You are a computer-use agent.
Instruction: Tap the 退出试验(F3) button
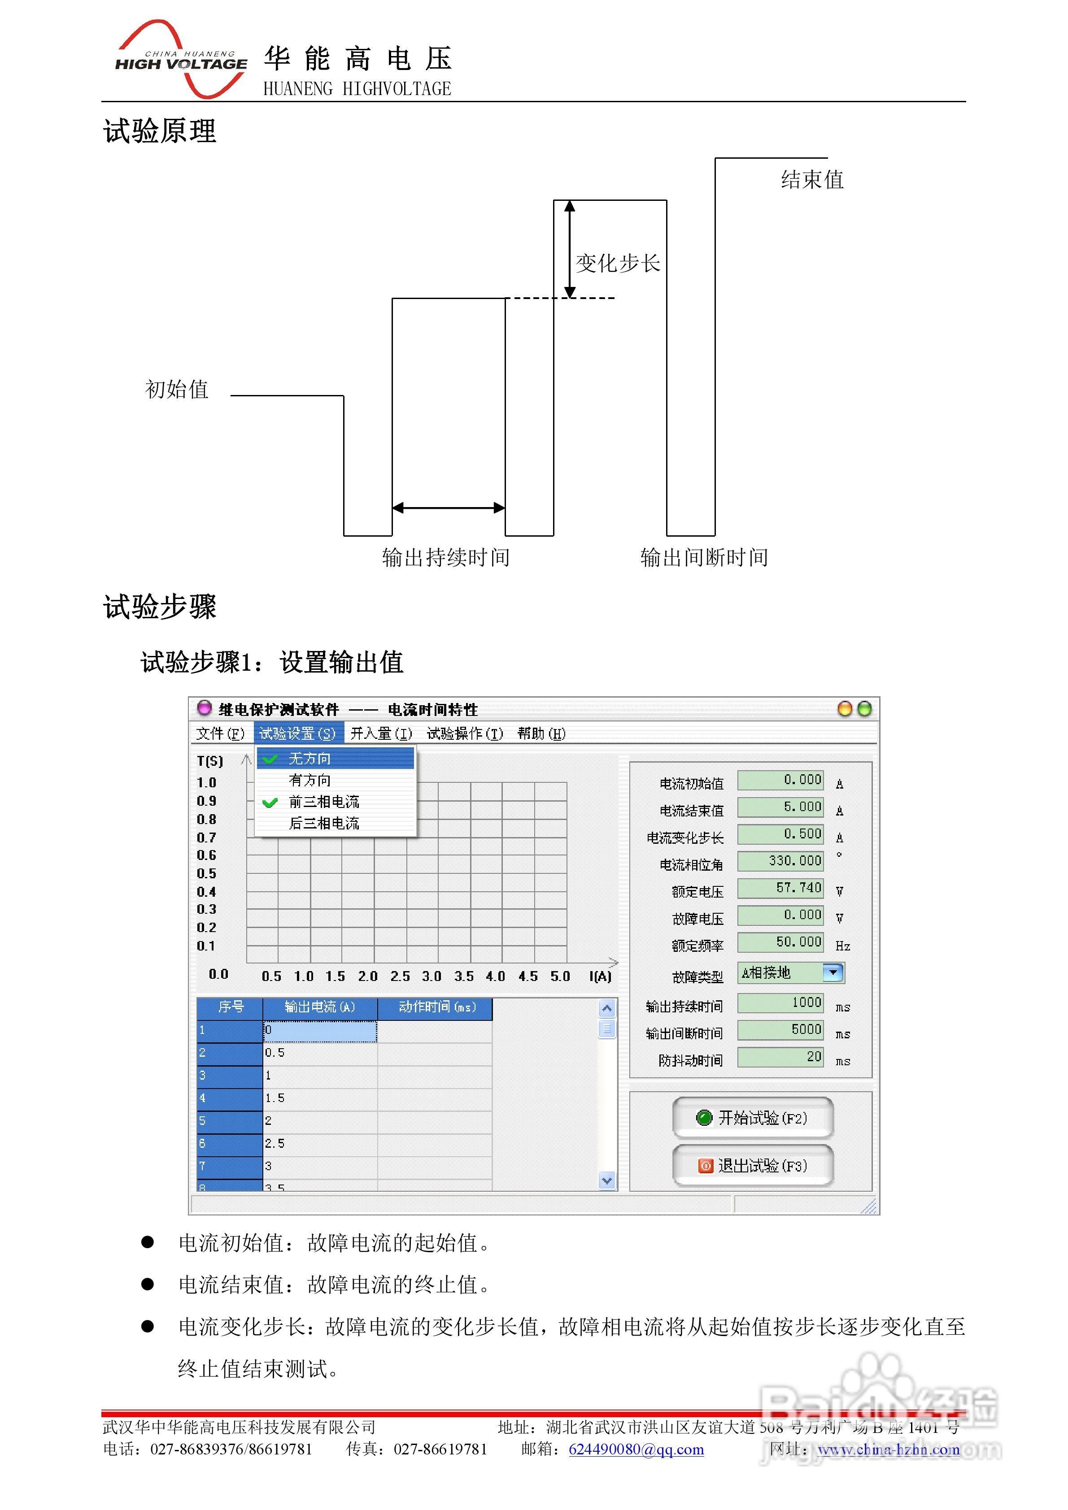point(752,1166)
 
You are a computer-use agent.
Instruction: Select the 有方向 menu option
point(310,780)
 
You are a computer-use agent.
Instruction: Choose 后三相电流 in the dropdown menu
point(324,824)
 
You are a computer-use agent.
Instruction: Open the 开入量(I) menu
point(381,733)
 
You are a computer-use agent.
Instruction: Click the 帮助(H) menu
point(541,733)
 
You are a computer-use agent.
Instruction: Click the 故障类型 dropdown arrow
point(833,973)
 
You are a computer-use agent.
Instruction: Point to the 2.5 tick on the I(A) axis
point(399,976)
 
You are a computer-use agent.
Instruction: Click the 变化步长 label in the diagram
point(617,263)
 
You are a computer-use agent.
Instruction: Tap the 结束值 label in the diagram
point(811,179)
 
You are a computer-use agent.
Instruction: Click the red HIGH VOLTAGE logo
point(181,61)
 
